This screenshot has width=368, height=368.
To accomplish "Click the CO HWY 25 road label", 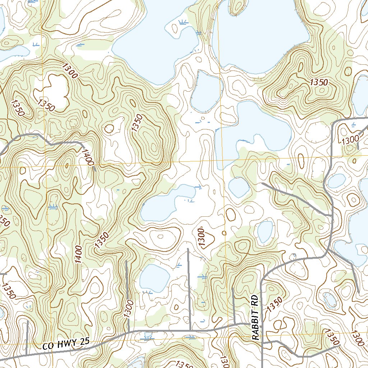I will click(66, 345).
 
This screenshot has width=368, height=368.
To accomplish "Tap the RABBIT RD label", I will click(255, 318).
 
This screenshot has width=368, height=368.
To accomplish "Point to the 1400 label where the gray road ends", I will click(88, 157).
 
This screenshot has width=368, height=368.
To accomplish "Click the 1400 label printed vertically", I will click(79, 254).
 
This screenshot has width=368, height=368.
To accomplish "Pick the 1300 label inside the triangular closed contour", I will click(202, 237).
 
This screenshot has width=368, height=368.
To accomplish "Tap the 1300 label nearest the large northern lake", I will click(70, 70).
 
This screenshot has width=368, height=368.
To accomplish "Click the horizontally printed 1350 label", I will click(319, 82).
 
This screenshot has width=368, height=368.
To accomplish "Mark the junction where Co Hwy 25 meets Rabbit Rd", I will click(262, 325).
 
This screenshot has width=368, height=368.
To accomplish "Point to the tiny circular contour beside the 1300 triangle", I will click(225, 233).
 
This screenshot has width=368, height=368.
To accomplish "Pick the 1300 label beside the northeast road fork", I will click(350, 139).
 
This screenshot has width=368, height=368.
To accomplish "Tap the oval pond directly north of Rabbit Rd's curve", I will click(265, 231).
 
